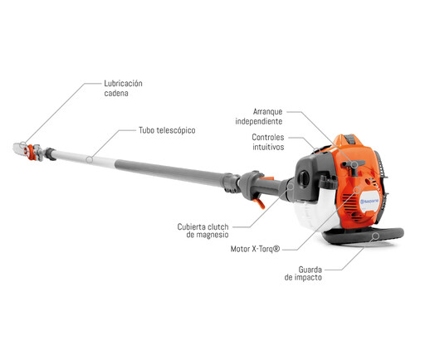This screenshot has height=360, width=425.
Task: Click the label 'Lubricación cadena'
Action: click(123, 88)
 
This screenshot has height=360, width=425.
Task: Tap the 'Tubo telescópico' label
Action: click(167, 130)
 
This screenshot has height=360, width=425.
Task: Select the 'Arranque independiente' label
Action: click(259, 116)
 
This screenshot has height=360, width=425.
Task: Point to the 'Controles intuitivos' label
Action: click(268, 142)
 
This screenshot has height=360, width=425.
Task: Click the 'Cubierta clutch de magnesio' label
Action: click(203, 231)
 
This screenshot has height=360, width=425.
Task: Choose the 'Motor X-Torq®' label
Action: click(255, 249)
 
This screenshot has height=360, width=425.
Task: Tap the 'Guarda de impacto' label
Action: click(303, 274)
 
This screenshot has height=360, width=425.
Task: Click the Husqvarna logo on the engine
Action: click(369, 201)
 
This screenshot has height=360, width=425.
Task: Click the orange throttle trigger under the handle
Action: click(261, 203)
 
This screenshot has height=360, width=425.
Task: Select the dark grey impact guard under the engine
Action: click(363, 236)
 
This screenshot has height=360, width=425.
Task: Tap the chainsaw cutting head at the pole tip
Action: click(27, 152)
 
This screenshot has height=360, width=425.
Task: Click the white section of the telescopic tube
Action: click(83, 158)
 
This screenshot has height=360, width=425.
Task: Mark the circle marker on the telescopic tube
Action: click(89, 159)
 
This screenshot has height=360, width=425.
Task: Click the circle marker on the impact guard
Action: click(375, 236)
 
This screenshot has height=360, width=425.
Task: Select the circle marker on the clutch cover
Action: click(291, 186)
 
